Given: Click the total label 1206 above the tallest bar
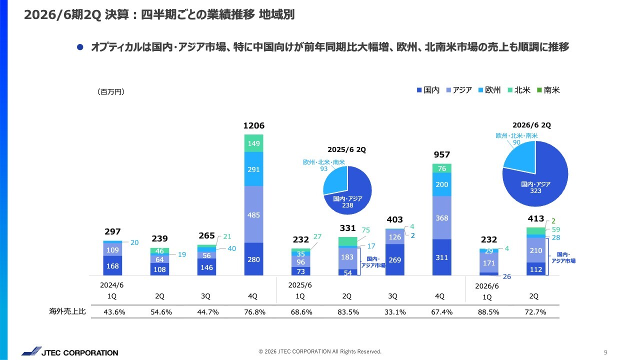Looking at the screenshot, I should click(253, 125).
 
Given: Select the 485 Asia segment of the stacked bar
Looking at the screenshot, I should click(253, 214).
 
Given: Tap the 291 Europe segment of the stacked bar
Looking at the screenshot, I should click(253, 169).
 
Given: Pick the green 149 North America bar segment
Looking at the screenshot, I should click(253, 143).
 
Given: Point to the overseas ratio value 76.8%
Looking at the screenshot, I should click(253, 312).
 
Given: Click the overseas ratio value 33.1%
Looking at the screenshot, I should click(392, 312).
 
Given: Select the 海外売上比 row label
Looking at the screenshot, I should click(67, 311).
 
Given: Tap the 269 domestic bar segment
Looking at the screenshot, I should click(394, 259).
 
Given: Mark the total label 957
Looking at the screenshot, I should click(442, 155).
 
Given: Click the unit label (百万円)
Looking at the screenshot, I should click(110, 91).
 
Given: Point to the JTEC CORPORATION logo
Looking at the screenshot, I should click(70, 352).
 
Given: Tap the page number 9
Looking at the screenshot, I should click(605, 352).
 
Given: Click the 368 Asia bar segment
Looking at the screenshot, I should click(442, 217).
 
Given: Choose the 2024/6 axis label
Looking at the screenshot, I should click(112, 284).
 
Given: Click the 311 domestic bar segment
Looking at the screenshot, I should click(442, 257).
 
